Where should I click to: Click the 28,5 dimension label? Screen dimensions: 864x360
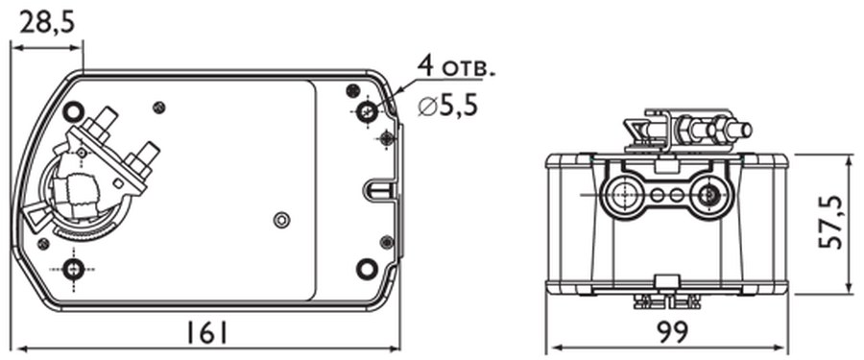pos(46,23)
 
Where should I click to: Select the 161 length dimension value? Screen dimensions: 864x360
pos(205,333)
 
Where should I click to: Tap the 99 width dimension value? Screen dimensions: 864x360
pos(673,332)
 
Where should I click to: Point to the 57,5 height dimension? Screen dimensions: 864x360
pos(831,222)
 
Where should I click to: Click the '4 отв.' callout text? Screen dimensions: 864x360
pos(456,66)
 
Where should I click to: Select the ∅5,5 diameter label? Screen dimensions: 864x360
pos(448,105)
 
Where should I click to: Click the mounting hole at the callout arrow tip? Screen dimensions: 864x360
pos(367,112)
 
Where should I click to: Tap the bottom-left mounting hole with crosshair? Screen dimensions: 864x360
pos(73,270)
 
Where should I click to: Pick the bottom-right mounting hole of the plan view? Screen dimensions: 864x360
pos(367,269)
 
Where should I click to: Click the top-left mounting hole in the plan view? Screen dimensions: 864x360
pos(73,112)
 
